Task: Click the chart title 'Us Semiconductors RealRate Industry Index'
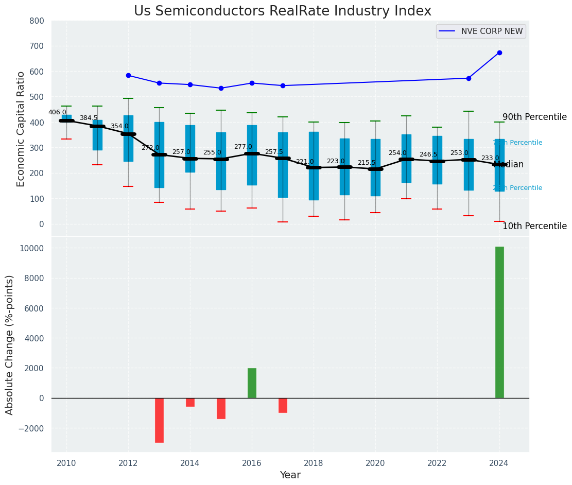pyautogui.click(x=282, y=11)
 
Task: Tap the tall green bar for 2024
pyautogui.click(x=499, y=322)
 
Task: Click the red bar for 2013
pyautogui.click(x=159, y=420)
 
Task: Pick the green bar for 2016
pyautogui.click(x=252, y=383)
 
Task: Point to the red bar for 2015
pyautogui.click(x=221, y=408)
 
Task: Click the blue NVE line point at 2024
pyautogui.click(x=499, y=53)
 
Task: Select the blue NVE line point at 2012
pyautogui.click(x=128, y=75)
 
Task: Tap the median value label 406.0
pyautogui.click(x=57, y=112)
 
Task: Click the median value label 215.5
pyautogui.click(x=367, y=163)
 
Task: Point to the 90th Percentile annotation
pyautogui.click(x=534, y=117)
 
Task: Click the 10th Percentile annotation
pyautogui.click(x=534, y=227)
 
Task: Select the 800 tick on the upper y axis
pyautogui.click(x=40, y=21)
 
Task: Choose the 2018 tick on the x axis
pyautogui.click(x=314, y=463)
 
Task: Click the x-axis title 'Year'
pyautogui.click(x=290, y=475)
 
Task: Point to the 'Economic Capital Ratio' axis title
pyautogui.click(x=21, y=129)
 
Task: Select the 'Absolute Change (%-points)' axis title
pyautogui.click(x=10, y=344)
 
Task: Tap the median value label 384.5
pyautogui.click(x=89, y=118)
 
